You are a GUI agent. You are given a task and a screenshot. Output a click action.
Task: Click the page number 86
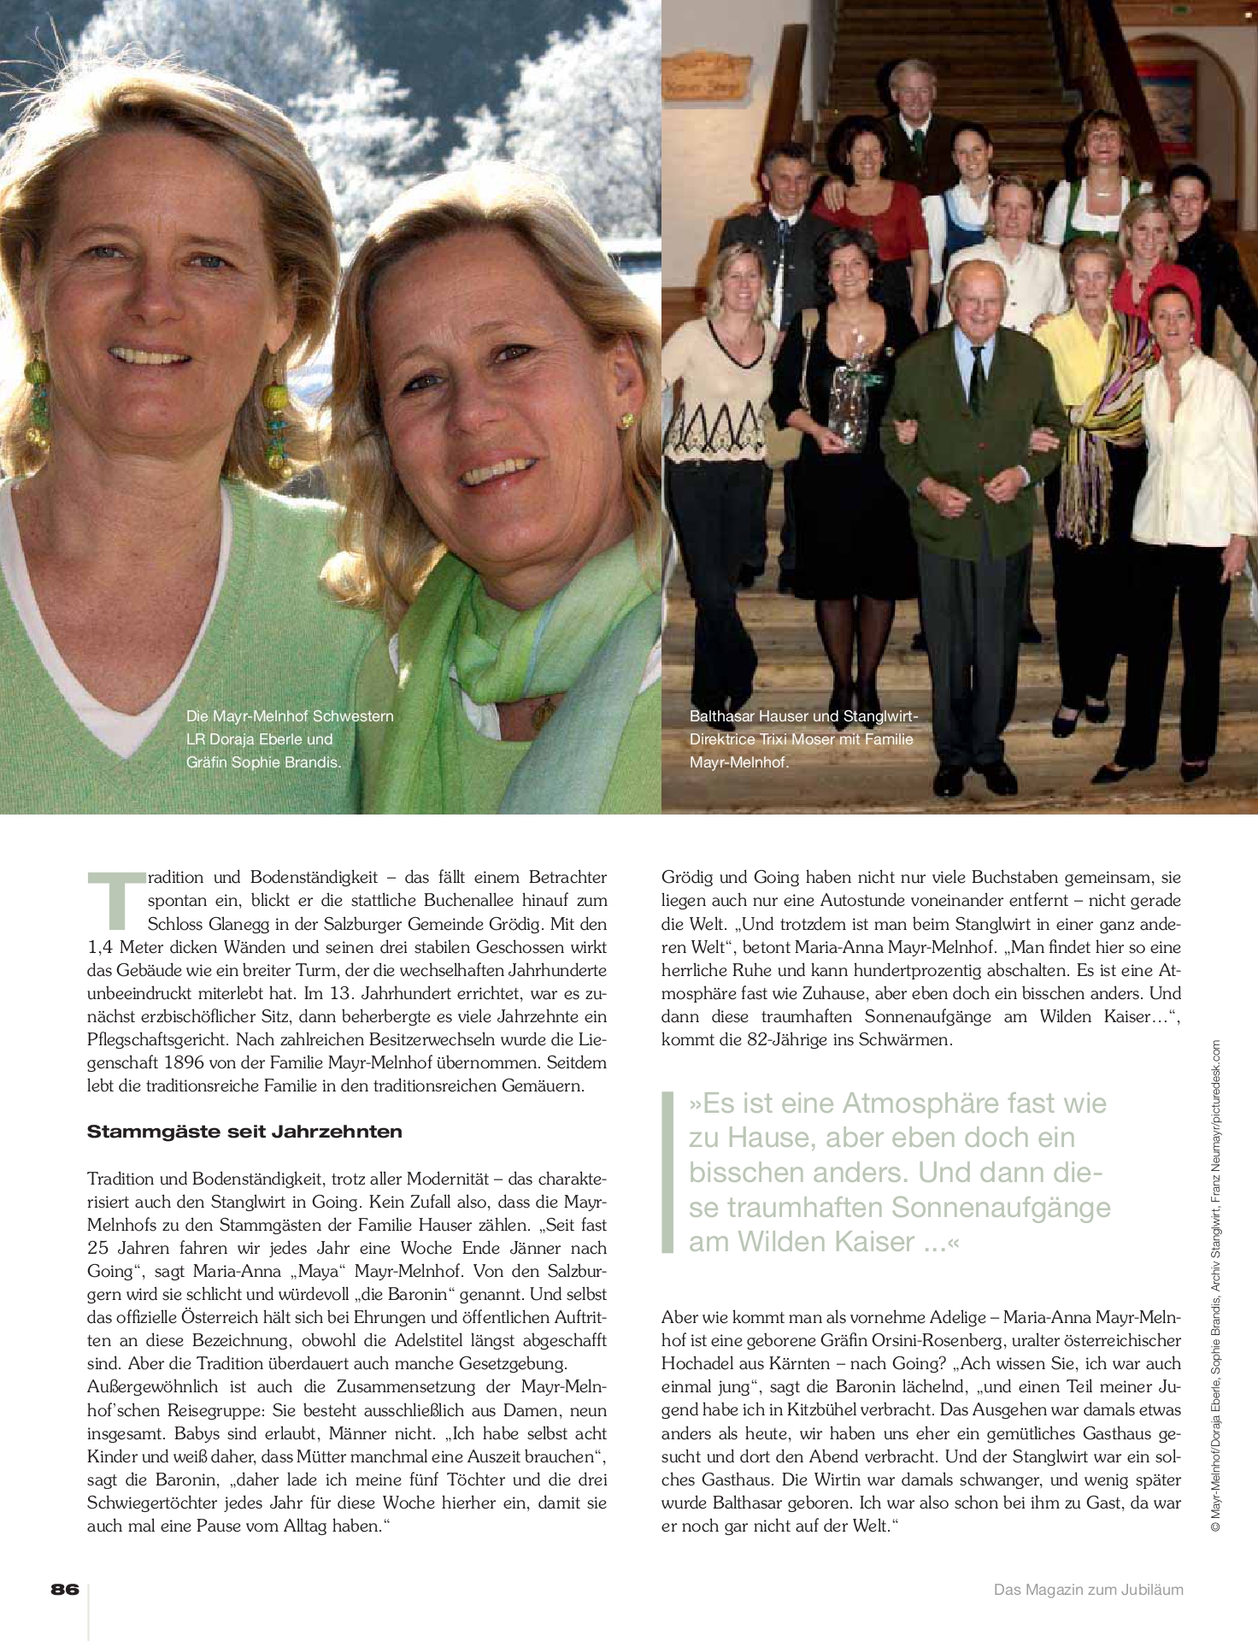click(65, 1589)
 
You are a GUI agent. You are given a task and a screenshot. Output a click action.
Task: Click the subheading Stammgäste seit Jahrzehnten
click(244, 1132)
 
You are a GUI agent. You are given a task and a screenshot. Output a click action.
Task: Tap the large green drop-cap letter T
click(115, 900)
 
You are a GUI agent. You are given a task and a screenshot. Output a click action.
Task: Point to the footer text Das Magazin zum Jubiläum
click(1088, 1590)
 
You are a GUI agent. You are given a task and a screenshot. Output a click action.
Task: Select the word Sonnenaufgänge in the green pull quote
click(1001, 1207)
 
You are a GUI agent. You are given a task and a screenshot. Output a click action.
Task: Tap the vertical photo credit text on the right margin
click(1217, 1282)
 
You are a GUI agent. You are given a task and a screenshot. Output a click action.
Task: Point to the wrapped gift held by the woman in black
click(849, 402)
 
